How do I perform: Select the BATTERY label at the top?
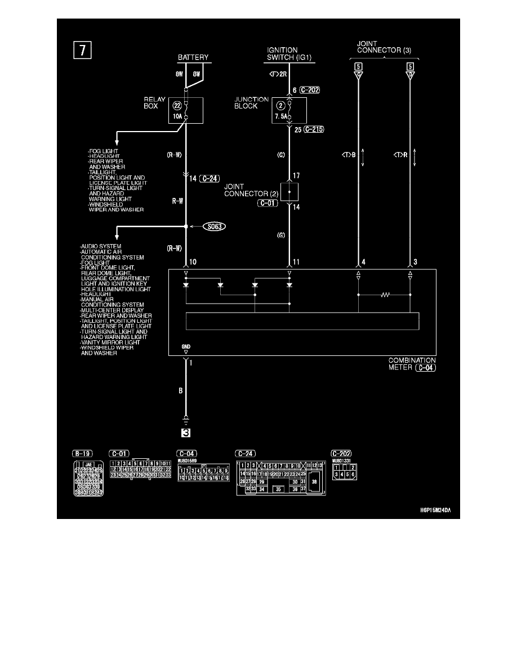click(193, 57)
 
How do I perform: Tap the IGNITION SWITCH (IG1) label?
click(289, 54)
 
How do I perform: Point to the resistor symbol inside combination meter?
click(385, 294)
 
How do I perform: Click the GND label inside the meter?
click(185, 347)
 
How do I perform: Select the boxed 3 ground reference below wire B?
click(185, 433)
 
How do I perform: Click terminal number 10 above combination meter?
click(193, 262)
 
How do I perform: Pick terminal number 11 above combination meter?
click(297, 262)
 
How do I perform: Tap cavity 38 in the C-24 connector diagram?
click(314, 482)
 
